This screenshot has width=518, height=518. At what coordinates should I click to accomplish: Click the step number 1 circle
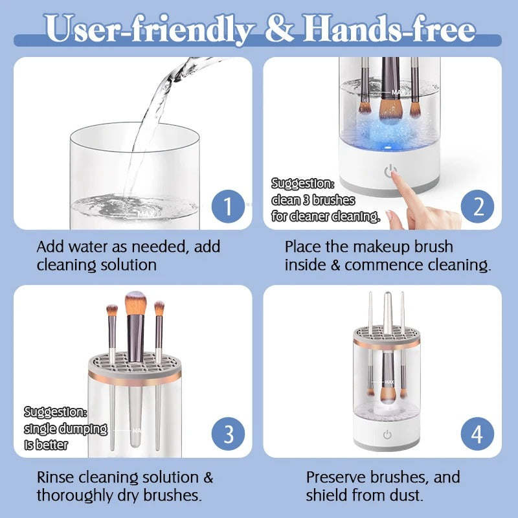(227, 207)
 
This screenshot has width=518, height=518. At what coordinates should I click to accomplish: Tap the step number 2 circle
(477, 207)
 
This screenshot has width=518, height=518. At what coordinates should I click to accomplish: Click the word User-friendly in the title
(149, 29)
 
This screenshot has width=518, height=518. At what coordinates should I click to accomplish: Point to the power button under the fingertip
(390, 172)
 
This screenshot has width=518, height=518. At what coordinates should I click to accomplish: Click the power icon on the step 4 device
(387, 434)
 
